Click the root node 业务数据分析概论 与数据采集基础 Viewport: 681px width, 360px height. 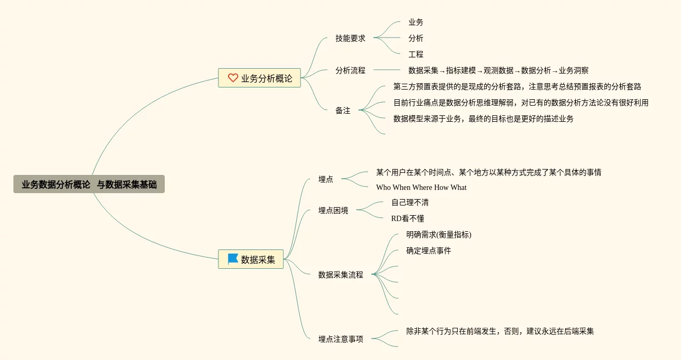pos(89,185)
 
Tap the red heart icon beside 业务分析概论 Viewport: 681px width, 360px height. pos(233,78)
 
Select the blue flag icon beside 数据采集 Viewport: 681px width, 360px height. pos(233,259)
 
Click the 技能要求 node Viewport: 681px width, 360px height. pos(350,39)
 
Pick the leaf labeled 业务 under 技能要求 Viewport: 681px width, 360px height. pos(415,23)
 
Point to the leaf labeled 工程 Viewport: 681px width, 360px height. pos(415,55)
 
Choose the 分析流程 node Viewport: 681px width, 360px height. pos(350,70)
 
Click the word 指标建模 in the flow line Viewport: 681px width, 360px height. pos(460,70)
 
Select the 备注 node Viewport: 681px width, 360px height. pos(342,111)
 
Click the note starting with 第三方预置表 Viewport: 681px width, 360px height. pos(517,86)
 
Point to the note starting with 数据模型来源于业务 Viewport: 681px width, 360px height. pos(483,119)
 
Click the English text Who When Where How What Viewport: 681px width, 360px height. pos(421,187)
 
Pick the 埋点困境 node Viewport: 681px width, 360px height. pos(333,211)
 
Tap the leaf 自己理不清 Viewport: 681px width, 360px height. pos(409,203)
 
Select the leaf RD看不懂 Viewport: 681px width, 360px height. pos(407,219)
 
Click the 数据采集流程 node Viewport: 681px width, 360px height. pos(340,275)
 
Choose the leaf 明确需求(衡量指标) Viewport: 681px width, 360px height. pos(438,234)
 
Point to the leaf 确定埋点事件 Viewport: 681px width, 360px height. pos(428,251)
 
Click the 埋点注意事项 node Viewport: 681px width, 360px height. pos(340,339)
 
